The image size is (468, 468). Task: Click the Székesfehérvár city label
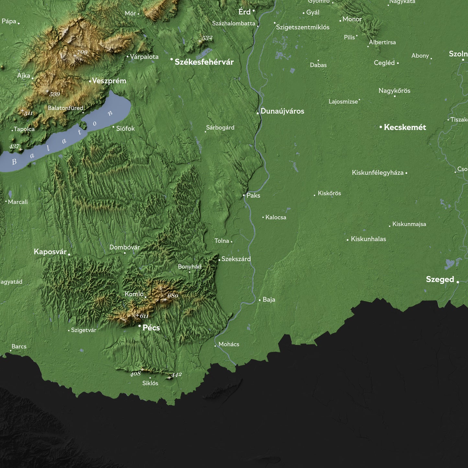(204, 62)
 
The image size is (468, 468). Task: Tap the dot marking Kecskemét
(381, 127)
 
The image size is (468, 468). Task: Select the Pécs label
(151, 328)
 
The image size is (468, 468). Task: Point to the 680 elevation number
(173, 295)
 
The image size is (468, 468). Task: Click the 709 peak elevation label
(82, 52)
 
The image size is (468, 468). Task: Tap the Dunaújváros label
(282, 111)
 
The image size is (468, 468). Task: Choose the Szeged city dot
(458, 282)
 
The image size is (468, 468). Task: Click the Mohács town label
(229, 344)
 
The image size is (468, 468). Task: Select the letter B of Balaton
(14, 162)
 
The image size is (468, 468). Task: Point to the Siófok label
(125, 129)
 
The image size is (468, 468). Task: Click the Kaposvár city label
(50, 252)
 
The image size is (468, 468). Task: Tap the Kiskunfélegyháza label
(378, 173)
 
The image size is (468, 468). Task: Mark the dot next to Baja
(260, 300)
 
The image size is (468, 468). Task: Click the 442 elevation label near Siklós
(177, 375)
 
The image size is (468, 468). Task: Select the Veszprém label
(109, 81)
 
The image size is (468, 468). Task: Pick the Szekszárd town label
(236, 259)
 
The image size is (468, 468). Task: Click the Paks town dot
(244, 195)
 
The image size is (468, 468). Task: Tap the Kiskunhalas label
(368, 239)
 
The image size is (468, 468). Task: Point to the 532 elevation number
(207, 38)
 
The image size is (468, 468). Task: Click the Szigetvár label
(84, 330)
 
